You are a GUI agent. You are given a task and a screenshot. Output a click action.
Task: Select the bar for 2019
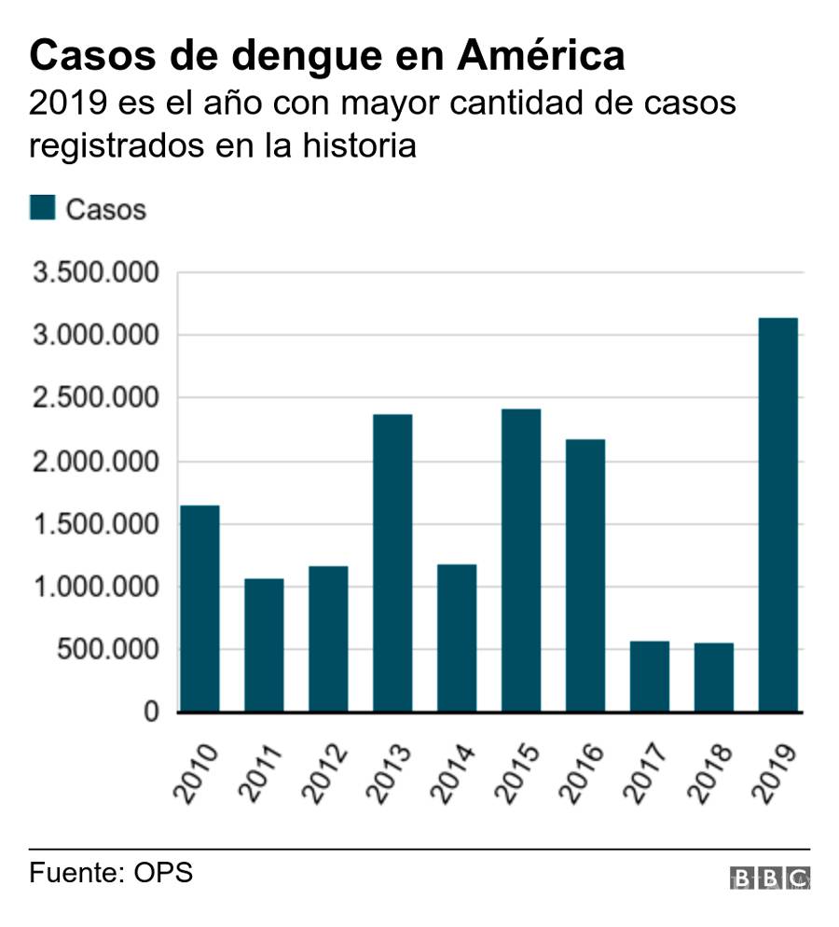(x=777, y=515)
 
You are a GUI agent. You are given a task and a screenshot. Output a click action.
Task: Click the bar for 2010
(x=199, y=608)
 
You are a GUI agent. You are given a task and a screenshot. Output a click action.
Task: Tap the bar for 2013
(x=392, y=562)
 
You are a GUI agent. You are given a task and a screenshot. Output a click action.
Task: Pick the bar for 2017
(x=649, y=676)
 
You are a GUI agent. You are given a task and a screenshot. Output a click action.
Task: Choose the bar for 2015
(x=521, y=560)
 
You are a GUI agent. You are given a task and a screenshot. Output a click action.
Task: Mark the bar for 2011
(x=264, y=644)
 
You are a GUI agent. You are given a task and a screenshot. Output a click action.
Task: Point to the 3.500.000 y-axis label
(x=94, y=273)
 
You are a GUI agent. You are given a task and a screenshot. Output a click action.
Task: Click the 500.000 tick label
(x=108, y=650)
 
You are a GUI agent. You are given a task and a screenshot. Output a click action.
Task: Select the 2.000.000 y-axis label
(x=94, y=462)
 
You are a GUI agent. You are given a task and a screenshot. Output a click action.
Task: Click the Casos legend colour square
(x=43, y=207)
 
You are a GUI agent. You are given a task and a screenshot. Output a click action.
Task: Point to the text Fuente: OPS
(x=111, y=874)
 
